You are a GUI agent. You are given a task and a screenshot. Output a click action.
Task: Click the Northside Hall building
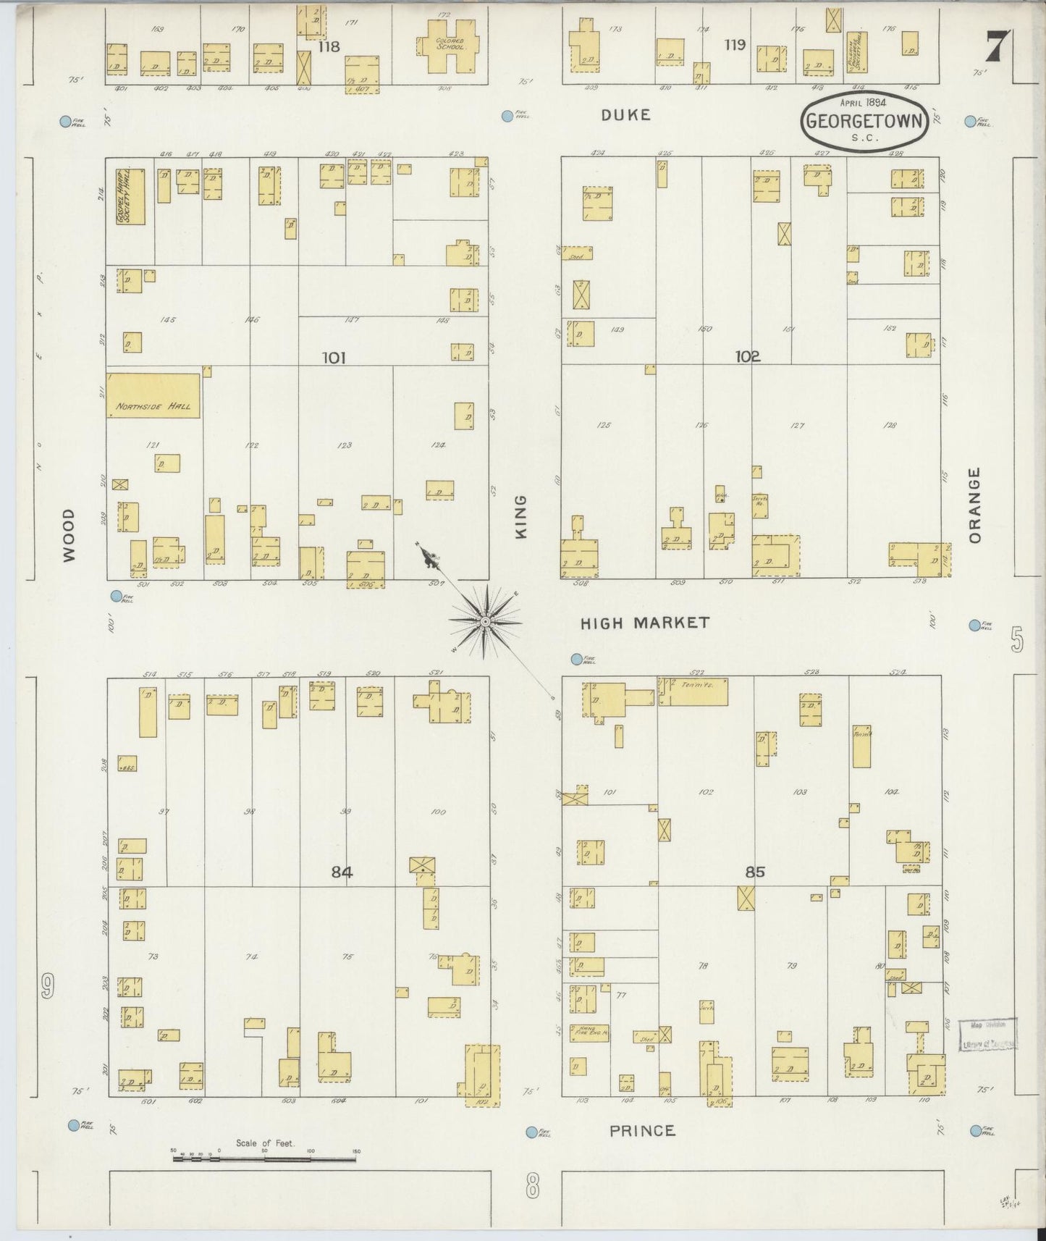point(153,395)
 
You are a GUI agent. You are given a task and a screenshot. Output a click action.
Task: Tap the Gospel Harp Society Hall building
point(130,197)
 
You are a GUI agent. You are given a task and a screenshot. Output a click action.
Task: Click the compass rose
point(485,621)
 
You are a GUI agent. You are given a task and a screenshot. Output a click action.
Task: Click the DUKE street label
point(626,115)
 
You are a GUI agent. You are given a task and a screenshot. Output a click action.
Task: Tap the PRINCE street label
point(641,1130)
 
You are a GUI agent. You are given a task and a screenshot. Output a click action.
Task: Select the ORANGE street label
point(974,505)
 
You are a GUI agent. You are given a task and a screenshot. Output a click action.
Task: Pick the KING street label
point(520,517)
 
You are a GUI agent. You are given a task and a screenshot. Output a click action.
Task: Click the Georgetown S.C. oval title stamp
point(864,122)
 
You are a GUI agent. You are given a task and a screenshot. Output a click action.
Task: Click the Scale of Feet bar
point(264,1159)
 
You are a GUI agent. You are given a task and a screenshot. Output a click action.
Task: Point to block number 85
point(754,872)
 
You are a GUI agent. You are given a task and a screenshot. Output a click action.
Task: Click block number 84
point(341,872)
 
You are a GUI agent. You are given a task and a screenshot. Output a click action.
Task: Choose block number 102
point(747,356)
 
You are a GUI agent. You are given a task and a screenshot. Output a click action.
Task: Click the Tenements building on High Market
point(693,691)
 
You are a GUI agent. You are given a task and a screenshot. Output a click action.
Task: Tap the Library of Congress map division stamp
point(987,1034)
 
